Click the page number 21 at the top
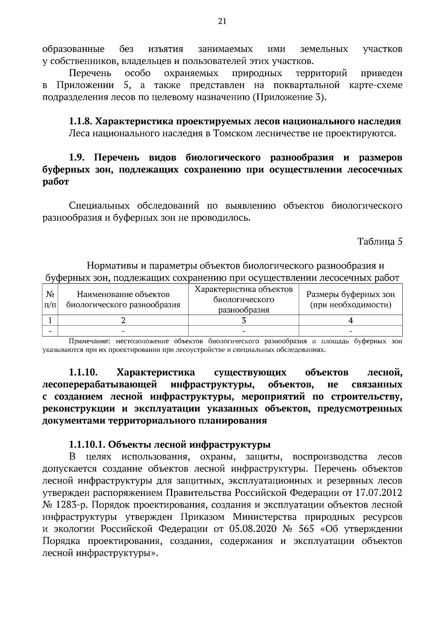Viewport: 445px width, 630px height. point(222,21)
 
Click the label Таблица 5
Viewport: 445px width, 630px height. point(380,242)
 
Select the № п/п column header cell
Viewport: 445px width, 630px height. point(50,299)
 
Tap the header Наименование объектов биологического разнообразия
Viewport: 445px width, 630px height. point(123,299)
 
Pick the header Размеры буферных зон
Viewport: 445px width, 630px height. point(350,299)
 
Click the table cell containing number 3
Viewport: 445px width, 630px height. point(244,320)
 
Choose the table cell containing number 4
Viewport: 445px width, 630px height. point(350,320)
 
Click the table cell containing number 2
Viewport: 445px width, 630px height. point(123,320)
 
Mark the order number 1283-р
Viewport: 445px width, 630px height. point(71,505)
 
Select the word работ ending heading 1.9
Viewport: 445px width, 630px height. point(56,182)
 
